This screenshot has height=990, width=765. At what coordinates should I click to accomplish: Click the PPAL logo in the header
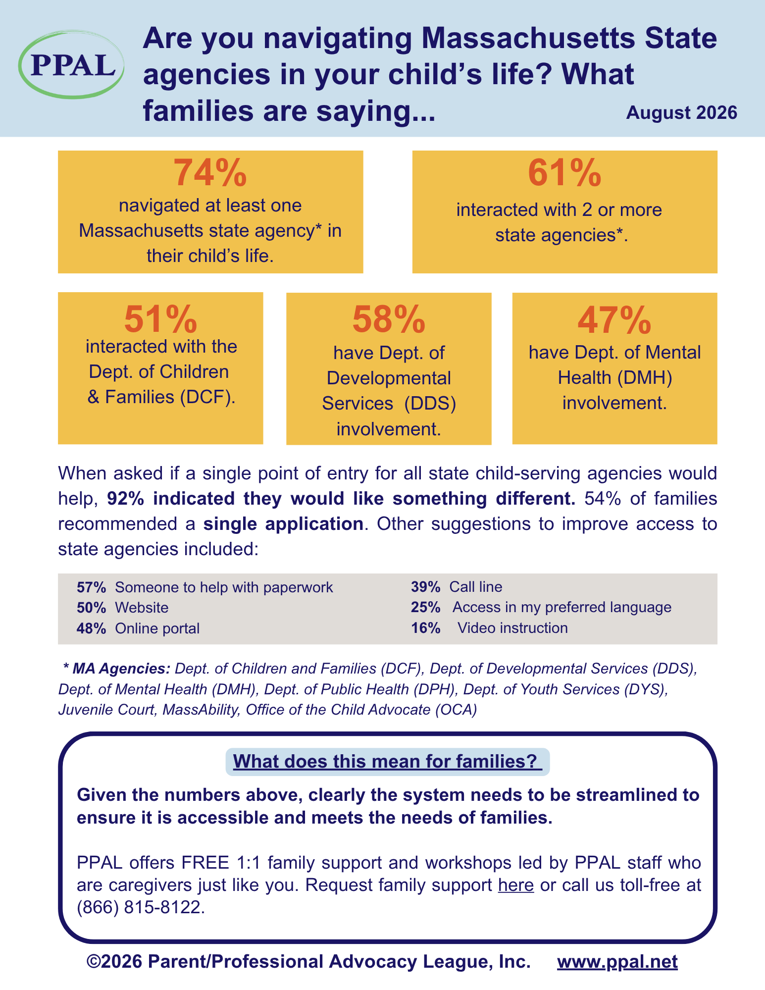pyautogui.click(x=71, y=64)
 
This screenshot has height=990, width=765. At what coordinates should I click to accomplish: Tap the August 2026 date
pyautogui.click(x=681, y=113)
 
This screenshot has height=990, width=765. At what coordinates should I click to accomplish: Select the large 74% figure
pyautogui.click(x=210, y=172)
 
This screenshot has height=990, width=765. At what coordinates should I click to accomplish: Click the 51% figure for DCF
pyautogui.click(x=160, y=319)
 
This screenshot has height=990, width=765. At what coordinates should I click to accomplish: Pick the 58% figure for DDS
pyautogui.click(x=389, y=319)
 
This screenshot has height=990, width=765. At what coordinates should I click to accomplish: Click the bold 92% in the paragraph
pyautogui.click(x=126, y=499)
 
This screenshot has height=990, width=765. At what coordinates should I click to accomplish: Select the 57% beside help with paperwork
pyautogui.click(x=92, y=587)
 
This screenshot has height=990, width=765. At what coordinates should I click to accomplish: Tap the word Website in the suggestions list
pyautogui.click(x=142, y=608)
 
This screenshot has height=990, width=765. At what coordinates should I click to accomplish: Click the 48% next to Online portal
pyautogui.click(x=92, y=628)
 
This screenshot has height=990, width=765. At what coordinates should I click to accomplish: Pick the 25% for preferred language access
pyautogui.click(x=426, y=607)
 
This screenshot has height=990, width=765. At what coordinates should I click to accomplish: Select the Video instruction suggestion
pyautogui.click(x=512, y=628)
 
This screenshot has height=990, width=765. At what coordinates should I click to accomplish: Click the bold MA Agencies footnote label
pyautogui.click(x=117, y=669)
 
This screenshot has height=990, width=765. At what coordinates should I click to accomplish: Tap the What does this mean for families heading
pyautogui.click(x=385, y=761)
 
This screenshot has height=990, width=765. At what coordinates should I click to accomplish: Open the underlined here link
pyautogui.click(x=516, y=885)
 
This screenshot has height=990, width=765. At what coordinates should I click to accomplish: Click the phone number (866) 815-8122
pyautogui.click(x=141, y=907)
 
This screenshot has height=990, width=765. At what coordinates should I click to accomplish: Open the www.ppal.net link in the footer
pyautogui.click(x=617, y=961)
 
